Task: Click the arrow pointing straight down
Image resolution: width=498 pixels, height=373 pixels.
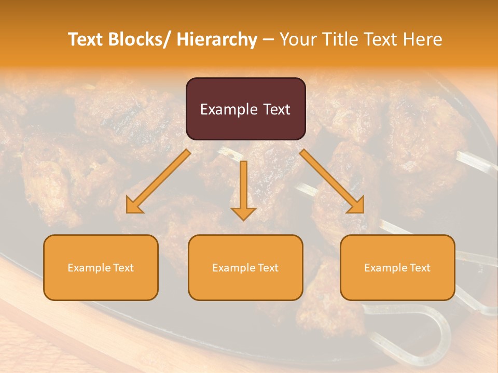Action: [x=243, y=190]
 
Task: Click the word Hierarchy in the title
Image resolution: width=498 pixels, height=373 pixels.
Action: [x=217, y=39]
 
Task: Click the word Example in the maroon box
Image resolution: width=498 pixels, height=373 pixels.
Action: [x=228, y=110]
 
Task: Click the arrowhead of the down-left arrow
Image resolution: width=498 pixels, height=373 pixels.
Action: [x=134, y=206]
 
